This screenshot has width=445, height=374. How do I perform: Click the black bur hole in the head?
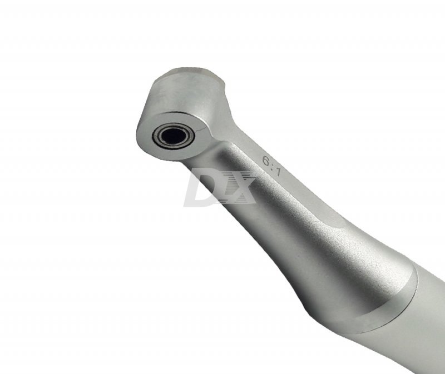174,136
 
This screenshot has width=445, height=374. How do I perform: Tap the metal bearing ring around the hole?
156,137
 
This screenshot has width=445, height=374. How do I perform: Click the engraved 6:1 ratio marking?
271,166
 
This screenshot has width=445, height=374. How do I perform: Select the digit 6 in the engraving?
266,161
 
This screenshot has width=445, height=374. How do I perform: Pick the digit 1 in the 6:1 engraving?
278,171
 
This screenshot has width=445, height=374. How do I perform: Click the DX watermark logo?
220,187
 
